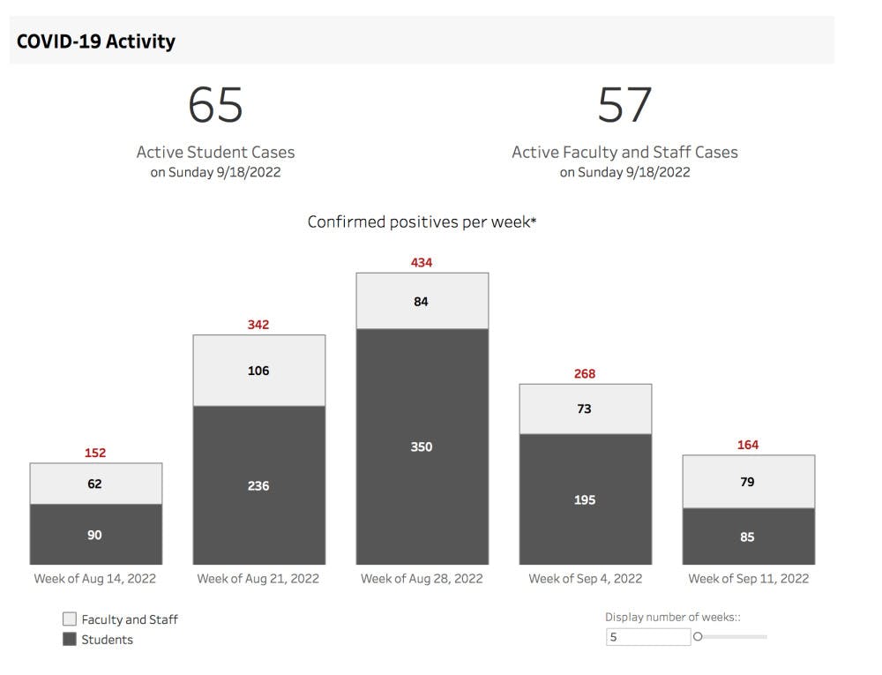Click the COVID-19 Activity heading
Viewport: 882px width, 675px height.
[x=96, y=41]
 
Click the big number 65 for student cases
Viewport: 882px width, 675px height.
[x=215, y=105]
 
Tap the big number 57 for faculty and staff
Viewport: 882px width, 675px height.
[x=624, y=105]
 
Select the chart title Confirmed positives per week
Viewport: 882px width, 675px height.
[x=422, y=221]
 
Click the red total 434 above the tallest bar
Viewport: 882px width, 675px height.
[x=422, y=262]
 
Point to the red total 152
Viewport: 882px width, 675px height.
[x=95, y=453]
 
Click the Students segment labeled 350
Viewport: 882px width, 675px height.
[x=422, y=446]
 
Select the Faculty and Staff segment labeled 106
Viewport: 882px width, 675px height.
[x=258, y=371]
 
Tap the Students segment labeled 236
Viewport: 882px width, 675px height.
[x=258, y=485]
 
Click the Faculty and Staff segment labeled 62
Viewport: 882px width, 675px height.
[x=95, y=484]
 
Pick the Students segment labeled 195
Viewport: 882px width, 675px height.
[x=585, y=499]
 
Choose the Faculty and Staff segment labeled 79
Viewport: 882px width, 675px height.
[x=748, y=482]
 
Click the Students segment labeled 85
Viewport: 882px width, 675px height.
[x=748, y=536]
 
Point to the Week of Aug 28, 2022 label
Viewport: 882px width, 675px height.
[x=422, y=579]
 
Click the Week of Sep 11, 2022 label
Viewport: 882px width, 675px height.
[x=748, y=579]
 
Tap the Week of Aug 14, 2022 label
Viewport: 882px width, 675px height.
[x=95, y=579]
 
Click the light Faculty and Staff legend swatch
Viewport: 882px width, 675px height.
[x=70, y=619]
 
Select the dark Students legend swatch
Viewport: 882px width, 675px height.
[x=70, y=640]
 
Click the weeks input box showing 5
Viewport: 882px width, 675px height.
[x=647, y=636]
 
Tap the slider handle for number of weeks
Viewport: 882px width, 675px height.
[x=698, y=636]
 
